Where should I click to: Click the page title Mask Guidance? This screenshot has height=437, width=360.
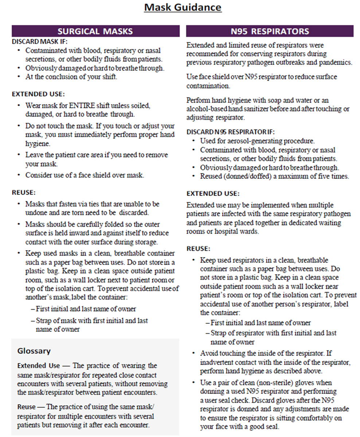183,7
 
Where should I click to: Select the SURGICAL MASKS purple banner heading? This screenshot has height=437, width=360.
95,31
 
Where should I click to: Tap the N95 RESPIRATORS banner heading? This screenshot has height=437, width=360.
270,31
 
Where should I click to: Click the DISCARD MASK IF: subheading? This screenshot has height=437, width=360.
40,42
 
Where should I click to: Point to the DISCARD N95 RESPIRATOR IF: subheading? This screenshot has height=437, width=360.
231,131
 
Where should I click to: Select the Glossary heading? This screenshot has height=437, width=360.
34,351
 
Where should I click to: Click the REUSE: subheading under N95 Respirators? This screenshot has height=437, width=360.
199,249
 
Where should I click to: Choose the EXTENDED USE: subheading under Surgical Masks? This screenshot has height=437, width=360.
38,94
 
